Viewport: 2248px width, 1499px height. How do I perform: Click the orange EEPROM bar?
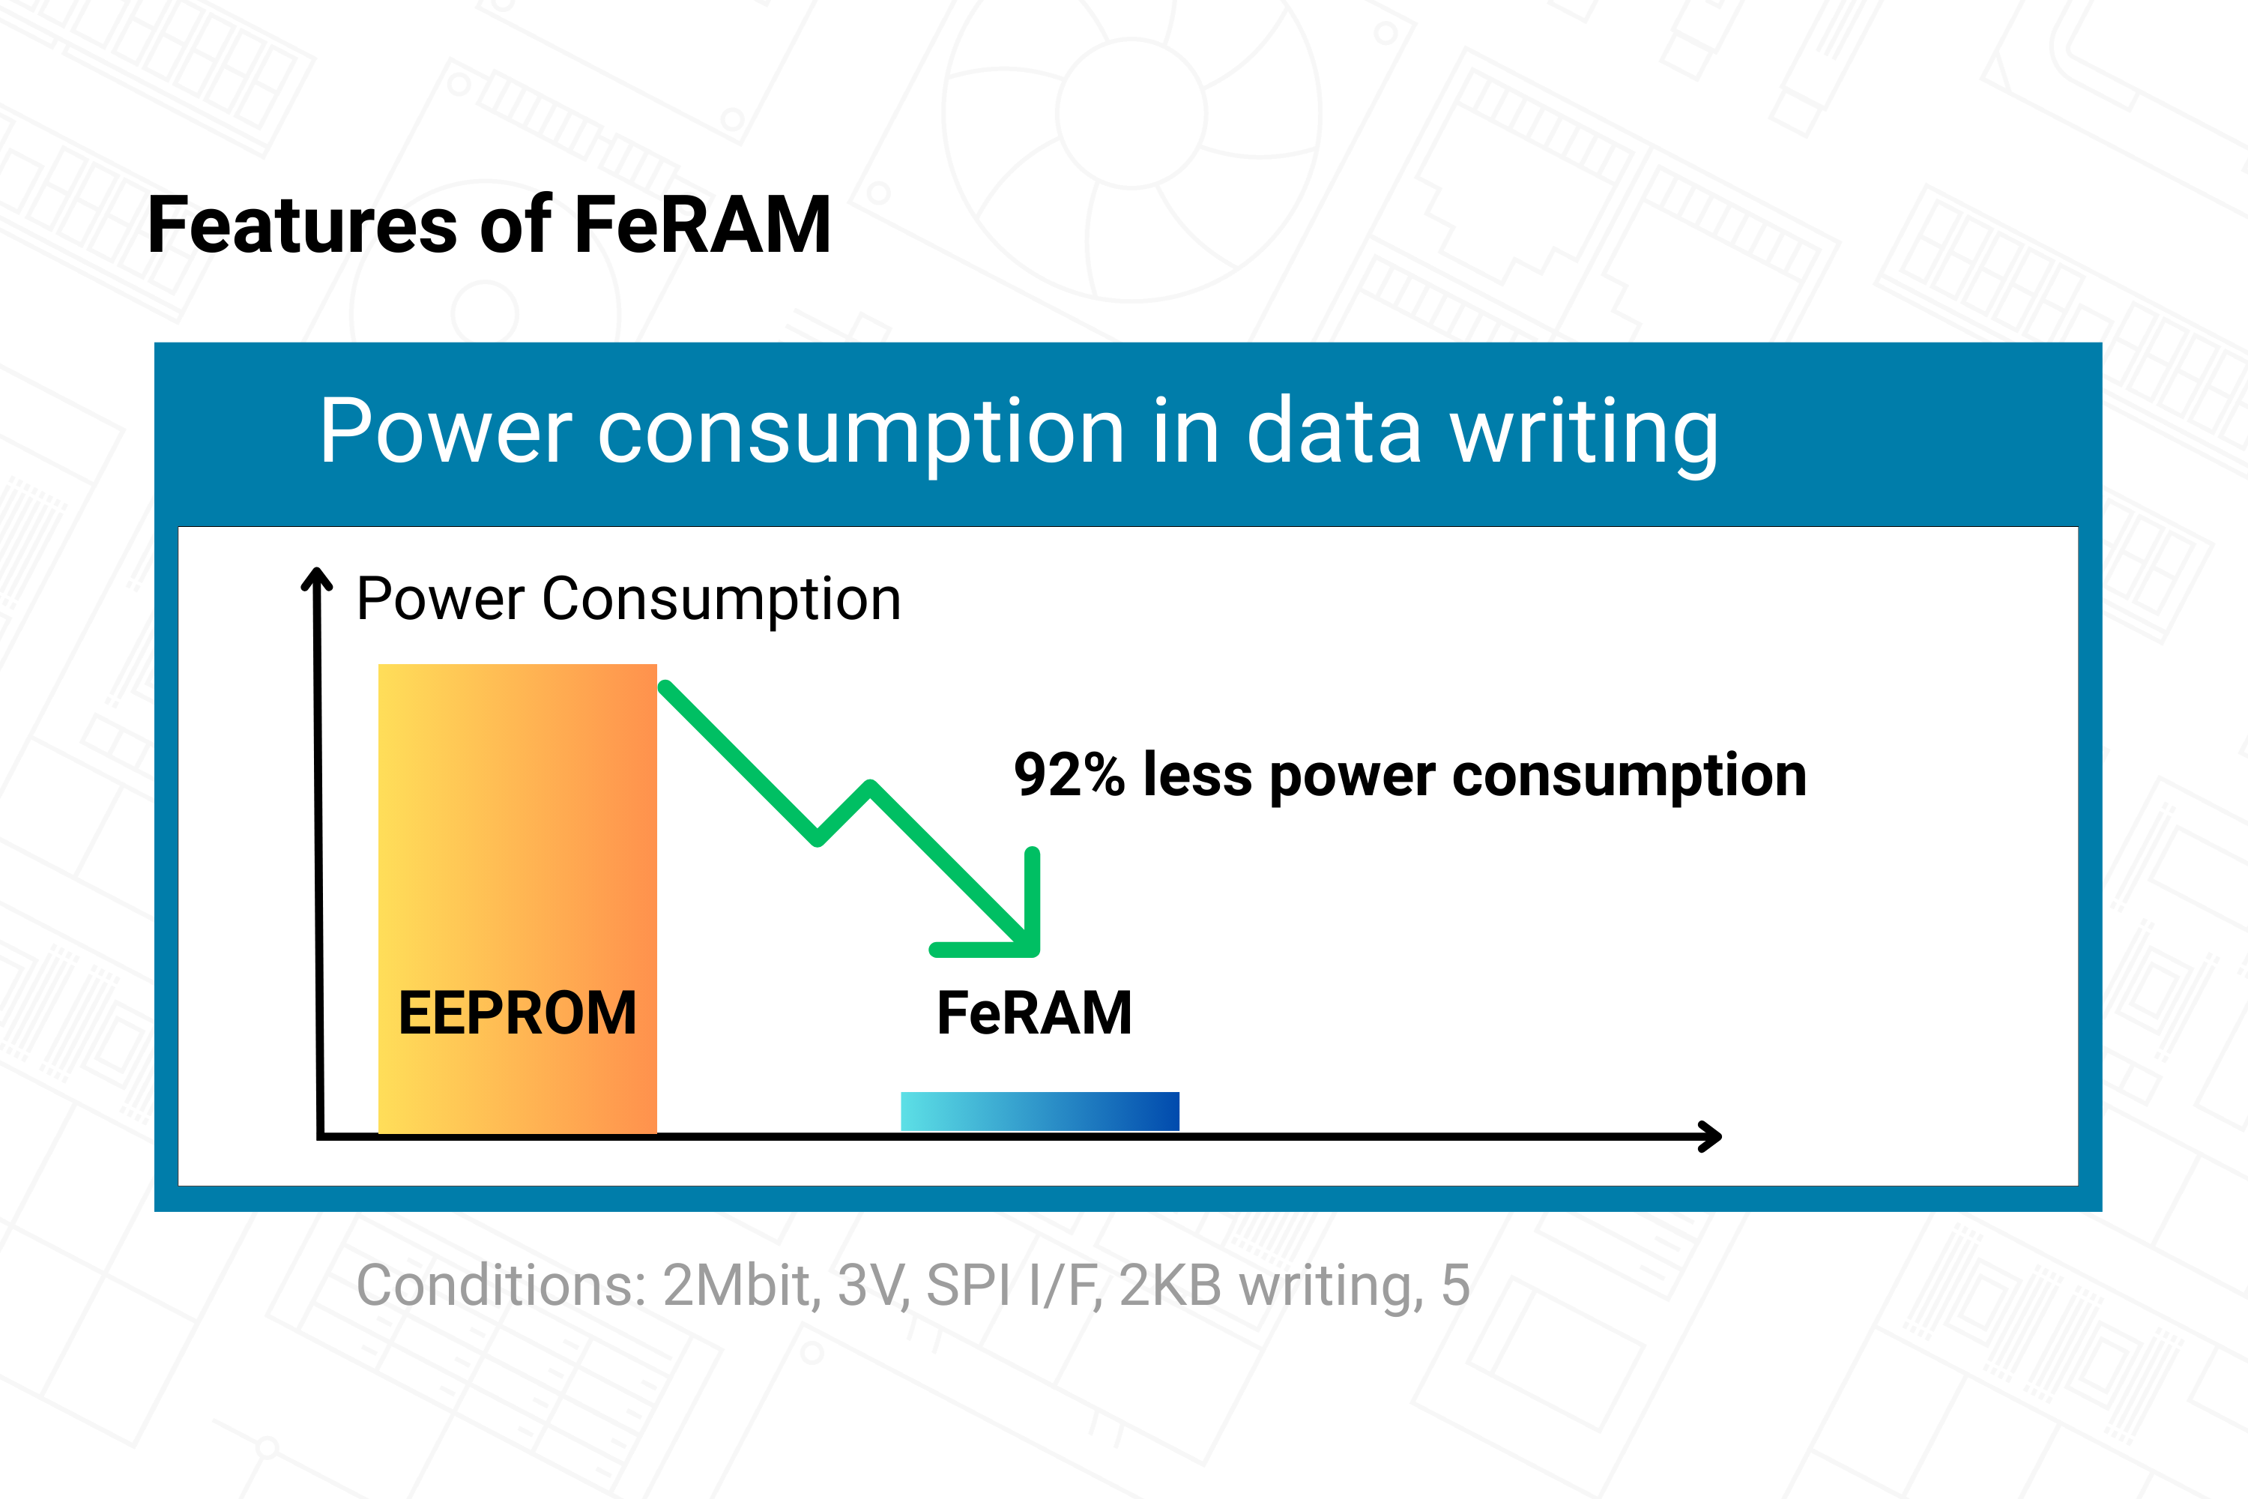pyautogui.click(x=517, y=899)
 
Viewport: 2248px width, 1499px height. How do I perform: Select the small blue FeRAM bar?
pyautogui.click(x=1040, y=1111)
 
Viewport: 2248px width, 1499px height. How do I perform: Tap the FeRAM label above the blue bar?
pyautogui.click(x=1034, y=1013)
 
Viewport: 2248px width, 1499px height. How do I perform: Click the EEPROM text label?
pyautogui.click(x=517, y=1013)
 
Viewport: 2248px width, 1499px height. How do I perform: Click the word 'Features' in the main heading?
pyautogui.click(x=303, y=226)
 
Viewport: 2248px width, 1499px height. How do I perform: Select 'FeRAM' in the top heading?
pyautogui.click(x=703, y=226)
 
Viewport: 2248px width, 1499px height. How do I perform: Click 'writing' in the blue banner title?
pyautogui.click(x=1584, y=432)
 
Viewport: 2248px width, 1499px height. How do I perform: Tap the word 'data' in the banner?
pyautogui.click(x=1335, y=432)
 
